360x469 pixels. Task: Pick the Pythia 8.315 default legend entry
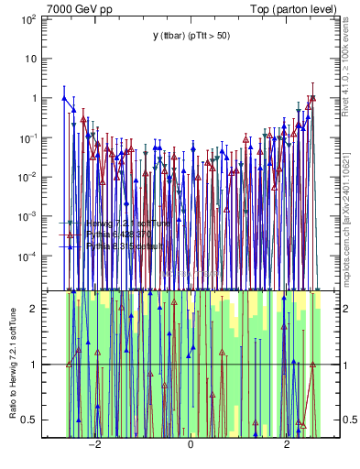pyautogui.click(x=121, y=246)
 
